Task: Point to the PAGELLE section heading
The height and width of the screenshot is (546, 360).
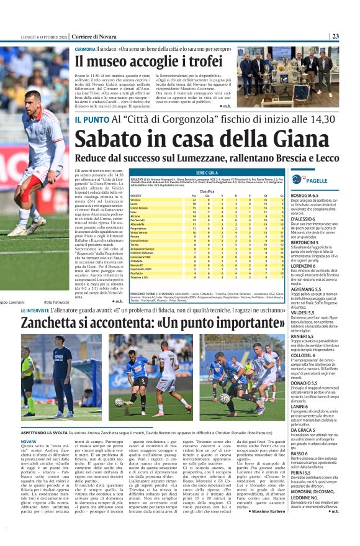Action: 317,180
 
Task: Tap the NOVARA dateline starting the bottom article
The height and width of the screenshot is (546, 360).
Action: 30,442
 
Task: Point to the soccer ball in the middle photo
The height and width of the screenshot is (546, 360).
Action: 119,402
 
